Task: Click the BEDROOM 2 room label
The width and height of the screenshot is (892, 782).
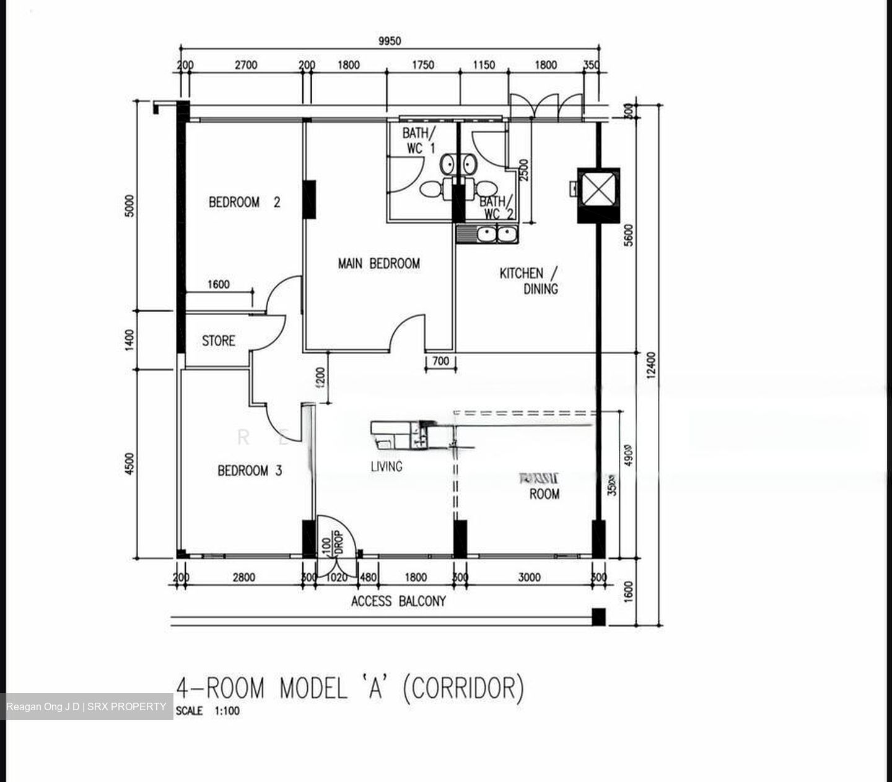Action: click(244, 202)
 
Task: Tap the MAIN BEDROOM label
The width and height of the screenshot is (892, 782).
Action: click(378, 264)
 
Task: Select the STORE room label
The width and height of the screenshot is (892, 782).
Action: click(218, 341)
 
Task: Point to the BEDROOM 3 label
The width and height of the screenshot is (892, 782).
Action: click(250, 471)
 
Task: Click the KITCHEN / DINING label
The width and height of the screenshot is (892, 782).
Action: click(530, 280)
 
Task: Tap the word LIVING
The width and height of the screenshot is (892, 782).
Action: click(387, 466)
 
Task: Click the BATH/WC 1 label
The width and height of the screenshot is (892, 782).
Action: click(419, 141)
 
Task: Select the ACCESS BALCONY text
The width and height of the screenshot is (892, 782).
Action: click(398, 601)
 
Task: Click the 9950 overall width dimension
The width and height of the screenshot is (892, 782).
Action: click(390, 41)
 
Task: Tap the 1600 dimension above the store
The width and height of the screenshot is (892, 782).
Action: click(218, 285)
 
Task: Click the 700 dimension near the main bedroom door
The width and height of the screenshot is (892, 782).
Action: click(440, 361)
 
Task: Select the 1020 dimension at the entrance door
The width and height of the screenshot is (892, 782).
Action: click(336, 578)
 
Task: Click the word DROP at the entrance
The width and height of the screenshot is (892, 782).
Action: click(338, 542)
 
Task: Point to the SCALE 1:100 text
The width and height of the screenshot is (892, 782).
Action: click(208, 711)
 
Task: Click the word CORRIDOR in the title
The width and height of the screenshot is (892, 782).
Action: click(463, 688)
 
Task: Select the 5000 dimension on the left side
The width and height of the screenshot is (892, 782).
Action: click(129, 206)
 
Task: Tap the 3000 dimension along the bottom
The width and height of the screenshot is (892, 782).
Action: click(529, 578)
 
